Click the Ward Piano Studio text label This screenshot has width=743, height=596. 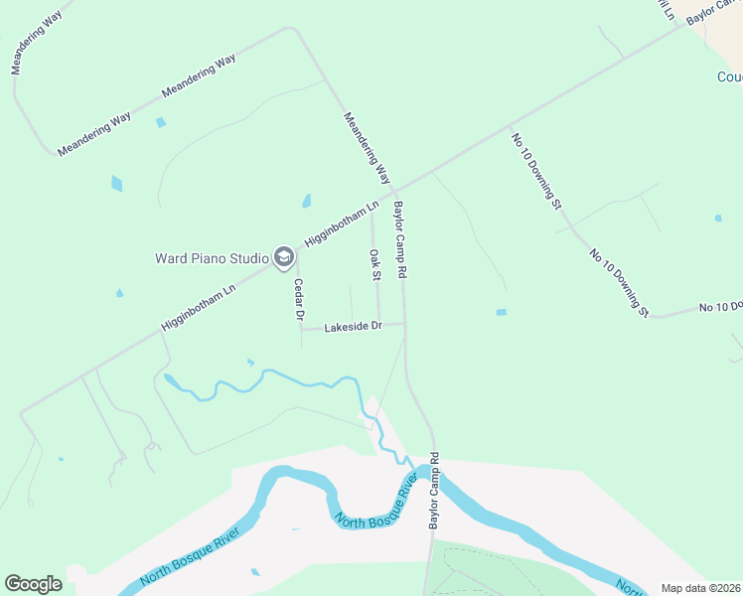(x=212, y=258)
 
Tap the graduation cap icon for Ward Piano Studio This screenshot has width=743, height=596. (x=283, y=258)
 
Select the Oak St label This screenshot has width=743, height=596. (x=375, y=265)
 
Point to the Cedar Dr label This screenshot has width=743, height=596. (x=297, y=299)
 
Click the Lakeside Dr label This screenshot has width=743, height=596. (x=353, y=326)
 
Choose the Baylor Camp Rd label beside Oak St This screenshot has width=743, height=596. (x=401, y=239)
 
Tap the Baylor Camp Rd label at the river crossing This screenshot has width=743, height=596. (x=434, y=492)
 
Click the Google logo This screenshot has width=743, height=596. (x=33, y=584)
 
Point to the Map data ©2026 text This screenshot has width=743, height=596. (x=700, y=588)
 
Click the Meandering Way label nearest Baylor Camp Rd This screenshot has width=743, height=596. (x=367, y=148)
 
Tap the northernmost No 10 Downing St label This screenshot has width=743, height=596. (x=536, y=170)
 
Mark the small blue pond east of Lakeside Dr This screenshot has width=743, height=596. (x=502, y=312)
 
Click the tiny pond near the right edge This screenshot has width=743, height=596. (x=717, y=218)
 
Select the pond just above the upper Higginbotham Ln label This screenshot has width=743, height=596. (x=306, y=201)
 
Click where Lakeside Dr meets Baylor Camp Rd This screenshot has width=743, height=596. (x=404, y=323)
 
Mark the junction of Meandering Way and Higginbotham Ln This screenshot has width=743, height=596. (x=394, y=190)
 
